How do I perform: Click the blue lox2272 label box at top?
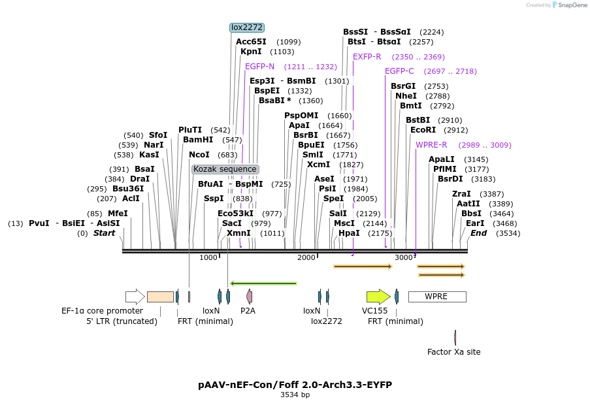247,27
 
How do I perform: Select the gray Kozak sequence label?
225,169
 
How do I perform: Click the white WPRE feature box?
437,297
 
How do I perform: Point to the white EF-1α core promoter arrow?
135,297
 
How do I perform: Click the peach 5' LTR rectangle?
160,297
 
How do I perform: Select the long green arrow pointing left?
264,283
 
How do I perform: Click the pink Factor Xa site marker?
455,338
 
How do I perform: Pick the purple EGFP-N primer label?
259,67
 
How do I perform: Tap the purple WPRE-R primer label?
431,145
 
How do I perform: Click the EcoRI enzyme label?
423,130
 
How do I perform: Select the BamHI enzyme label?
198,140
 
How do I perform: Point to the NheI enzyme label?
406,96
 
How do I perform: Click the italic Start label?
104,233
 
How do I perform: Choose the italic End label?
478,233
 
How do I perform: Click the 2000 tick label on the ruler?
306,257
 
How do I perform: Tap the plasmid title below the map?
295,385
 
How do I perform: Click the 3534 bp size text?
295,395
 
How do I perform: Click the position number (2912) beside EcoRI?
455,130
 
